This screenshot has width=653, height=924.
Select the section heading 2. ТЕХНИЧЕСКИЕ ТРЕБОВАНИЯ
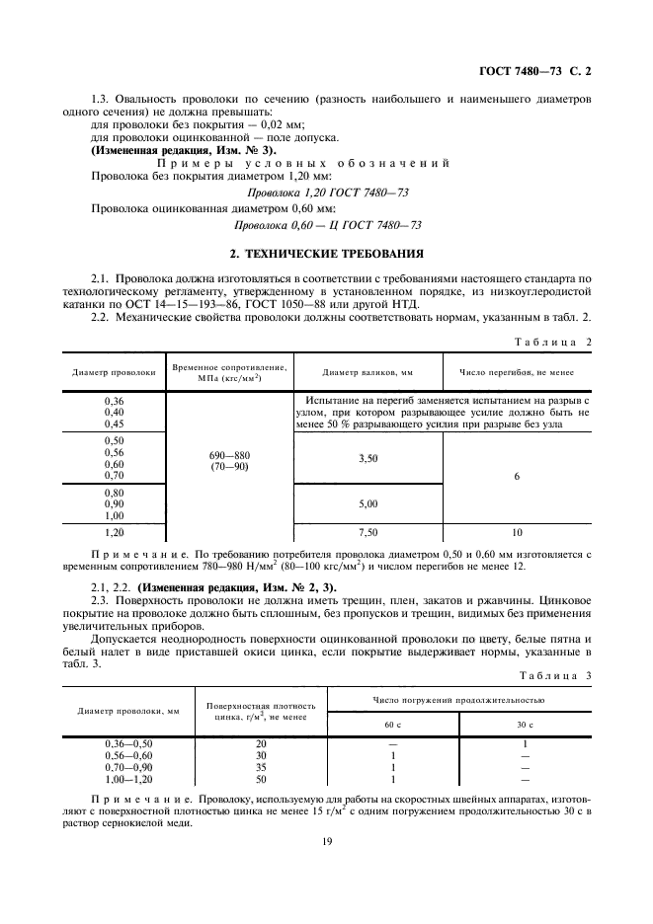(x=326, y=252)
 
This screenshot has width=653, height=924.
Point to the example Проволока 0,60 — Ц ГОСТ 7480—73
(x=326, y=224)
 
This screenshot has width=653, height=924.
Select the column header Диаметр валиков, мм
(x=367, y=372)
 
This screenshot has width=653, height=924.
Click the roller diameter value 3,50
(x=367, y=458)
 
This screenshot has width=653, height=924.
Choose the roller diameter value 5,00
(x=367, y=503)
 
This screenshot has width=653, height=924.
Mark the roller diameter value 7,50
(x=367, y=530)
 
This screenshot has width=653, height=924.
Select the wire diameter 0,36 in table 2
(x=115, y=401)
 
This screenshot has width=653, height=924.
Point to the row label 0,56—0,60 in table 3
(x=128, y=755)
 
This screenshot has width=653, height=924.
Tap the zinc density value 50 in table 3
(x=261, y=779)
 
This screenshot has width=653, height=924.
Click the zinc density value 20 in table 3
(x=261, y=743)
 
